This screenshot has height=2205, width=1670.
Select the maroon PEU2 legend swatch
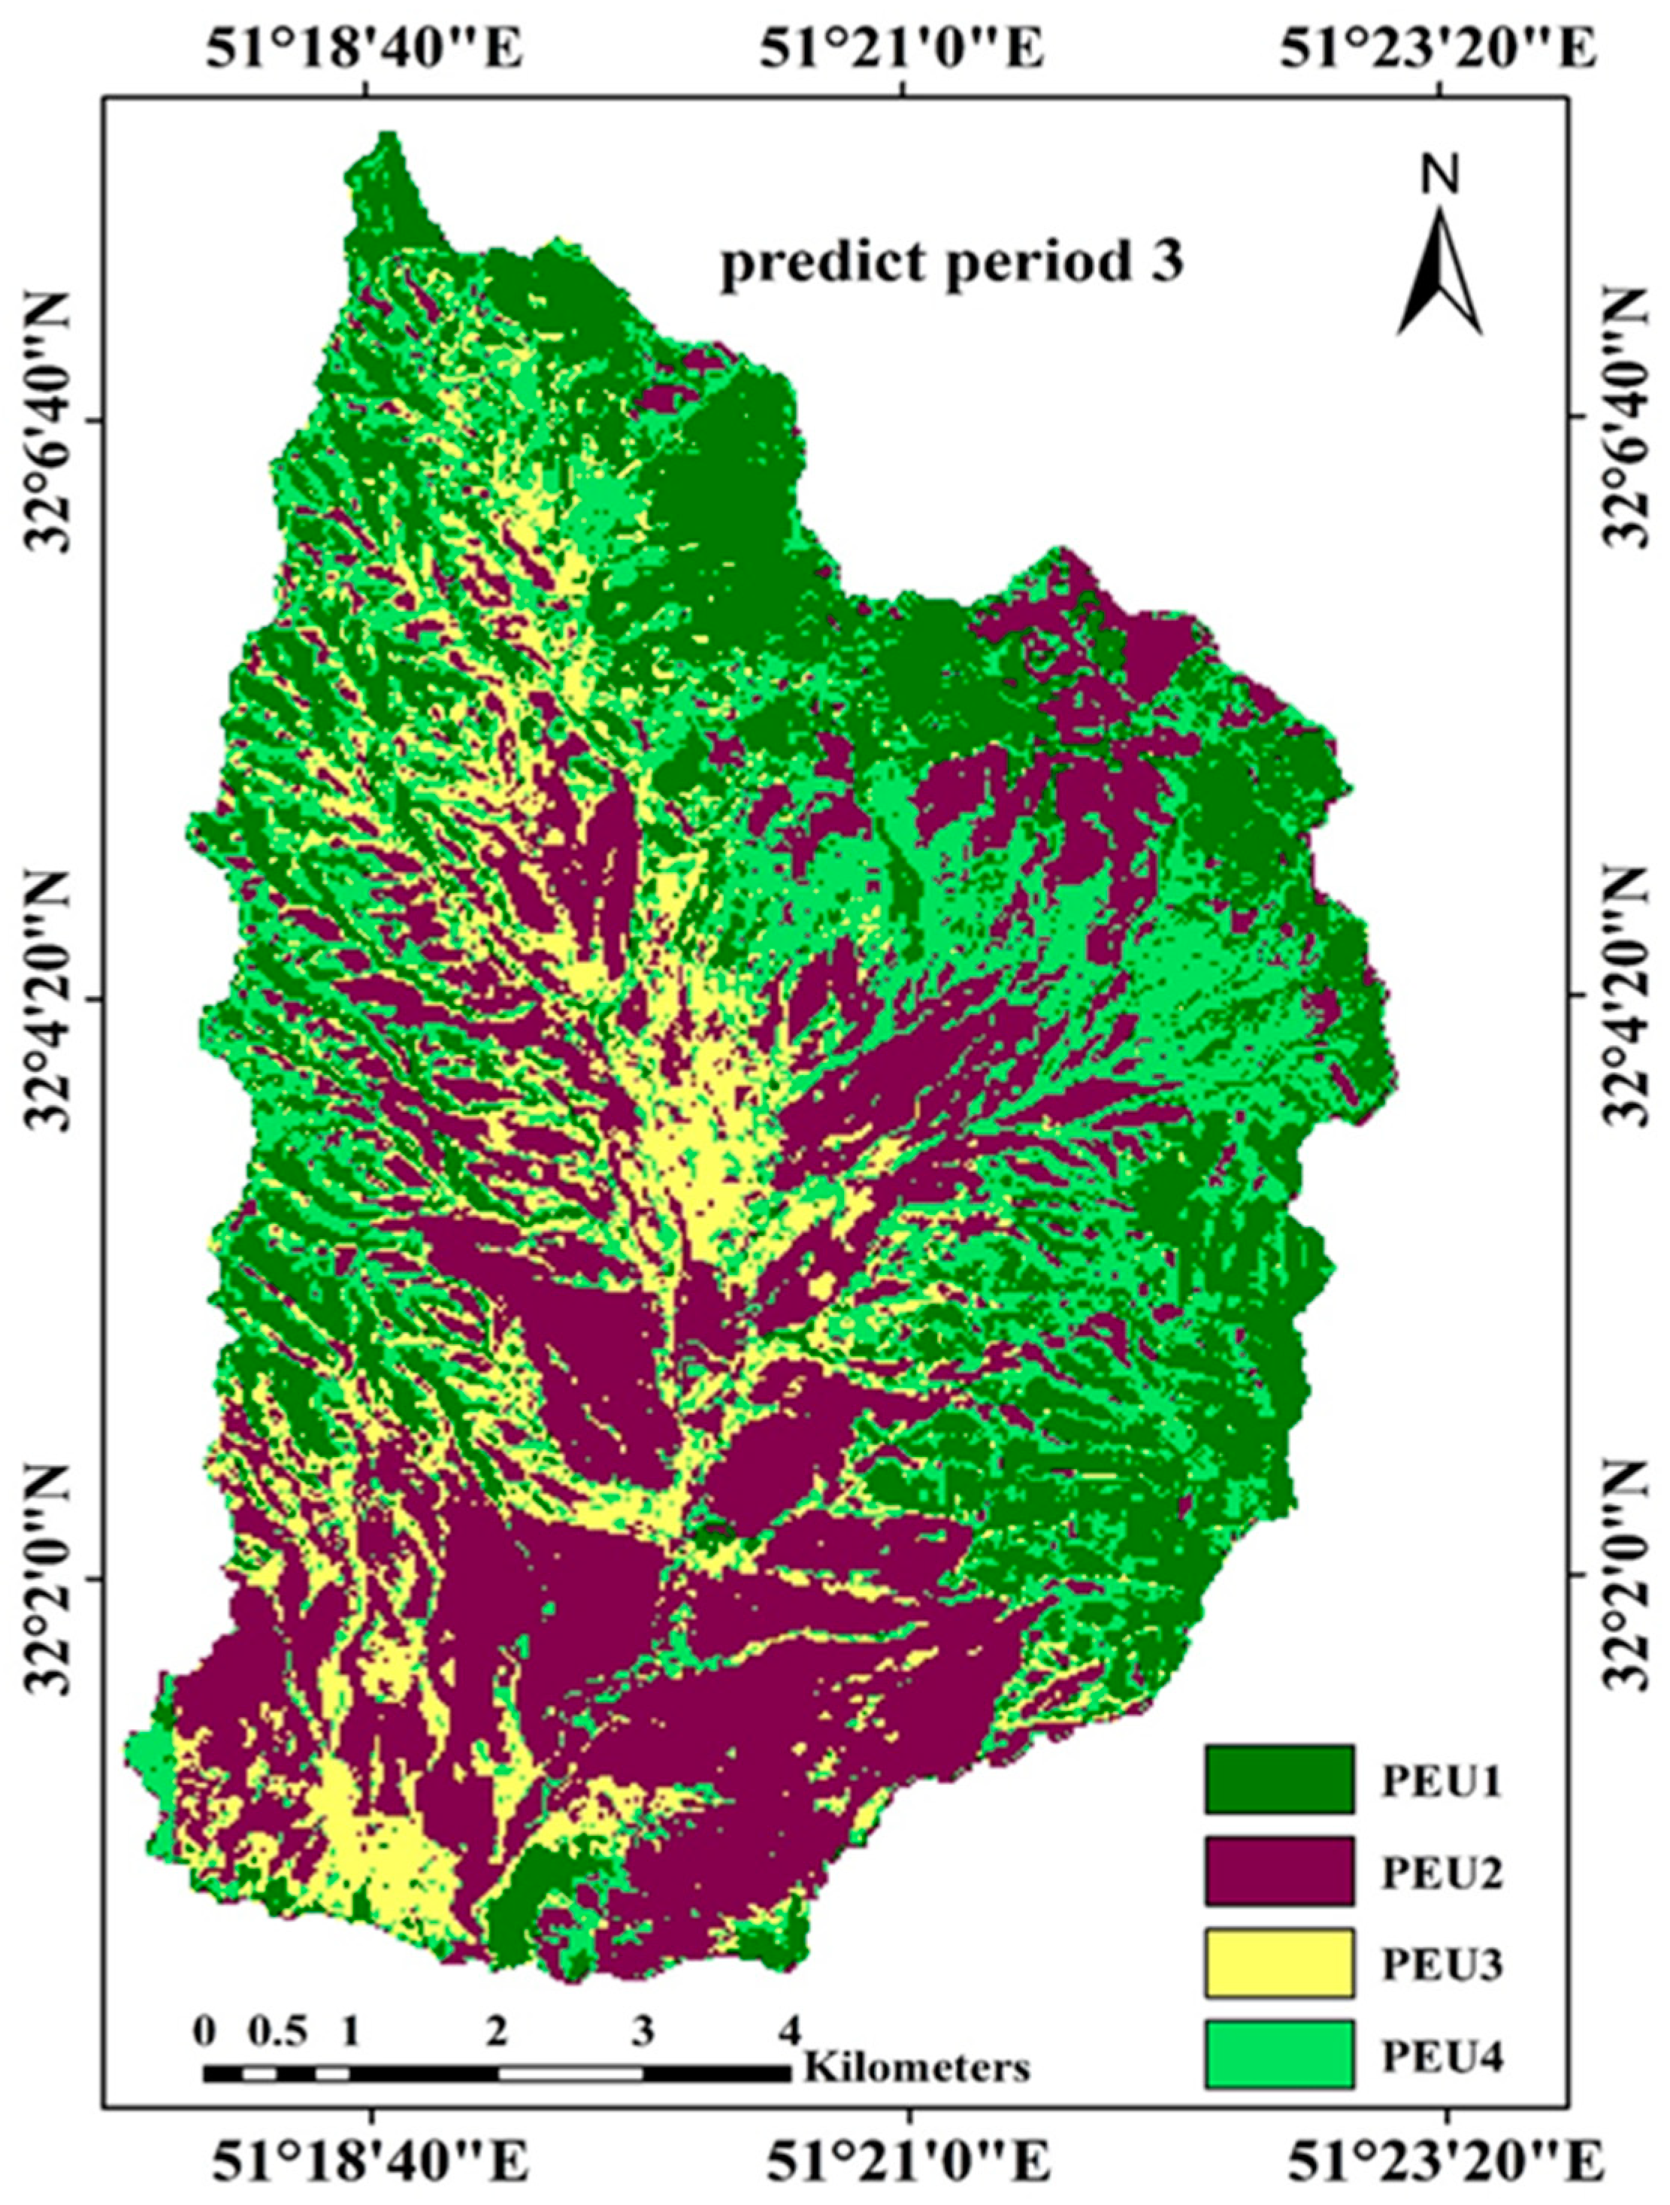pos(1278,1870)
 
